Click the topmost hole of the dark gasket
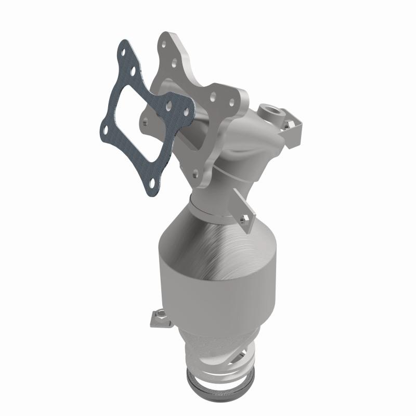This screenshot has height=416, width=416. click(x=124, y=52)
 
